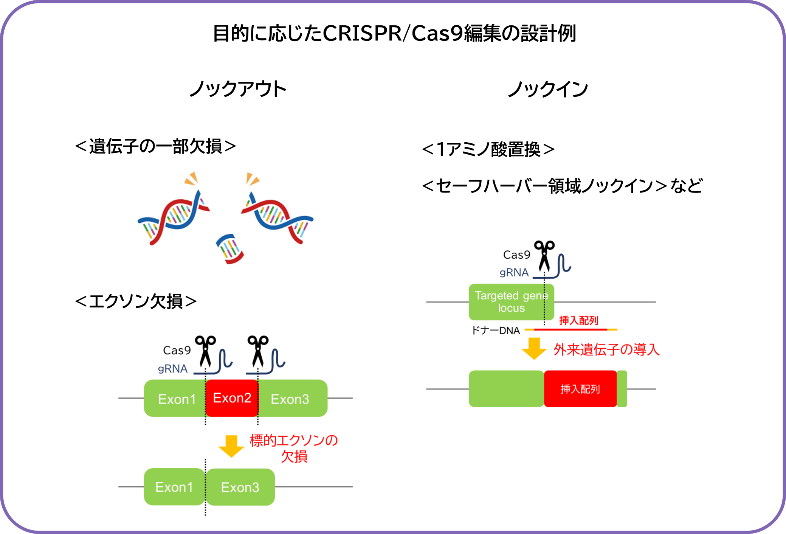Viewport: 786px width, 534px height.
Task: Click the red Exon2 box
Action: tap(232, 398)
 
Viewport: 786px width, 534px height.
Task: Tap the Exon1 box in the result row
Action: tap(174, 487)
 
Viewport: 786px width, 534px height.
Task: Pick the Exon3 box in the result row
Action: tap(240, 487)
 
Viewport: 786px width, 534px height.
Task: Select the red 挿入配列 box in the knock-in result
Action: tap(580, 389)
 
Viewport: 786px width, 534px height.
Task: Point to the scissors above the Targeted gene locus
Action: tap(544, 255)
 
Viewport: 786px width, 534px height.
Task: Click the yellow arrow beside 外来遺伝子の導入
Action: tap(534, 348)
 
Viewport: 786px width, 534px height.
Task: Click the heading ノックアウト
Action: tap(238, 89)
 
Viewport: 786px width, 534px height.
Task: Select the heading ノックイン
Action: tap(548, 89)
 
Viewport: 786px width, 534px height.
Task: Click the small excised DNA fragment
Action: tap(230, 249)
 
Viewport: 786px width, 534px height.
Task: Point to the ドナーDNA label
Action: tap(496, 331)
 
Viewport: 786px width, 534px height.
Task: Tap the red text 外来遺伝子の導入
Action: tap(606, 349)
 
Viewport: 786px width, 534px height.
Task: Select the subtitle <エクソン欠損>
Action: tap(136, 301)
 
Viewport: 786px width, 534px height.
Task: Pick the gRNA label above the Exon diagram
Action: tap(172, 369)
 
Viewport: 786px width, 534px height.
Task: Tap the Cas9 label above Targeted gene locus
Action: tap(516, 255)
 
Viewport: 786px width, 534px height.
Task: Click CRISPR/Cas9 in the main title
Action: tap(393, 33)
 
